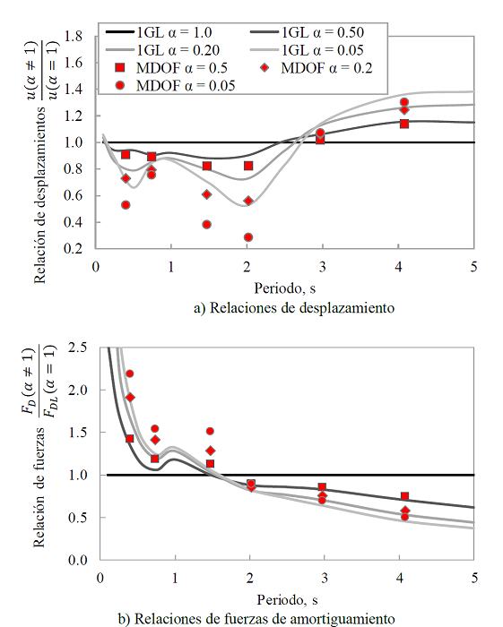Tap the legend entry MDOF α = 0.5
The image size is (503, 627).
[x=179, y=68]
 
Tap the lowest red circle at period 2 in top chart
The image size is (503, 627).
[x=248, y=237]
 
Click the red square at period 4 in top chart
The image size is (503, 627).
[x=404, y=124]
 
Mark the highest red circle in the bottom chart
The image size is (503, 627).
[x=129, y=374]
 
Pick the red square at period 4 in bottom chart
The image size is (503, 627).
[x=405, y=496]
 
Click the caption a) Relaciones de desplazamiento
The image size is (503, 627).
[x=294, y=307]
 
